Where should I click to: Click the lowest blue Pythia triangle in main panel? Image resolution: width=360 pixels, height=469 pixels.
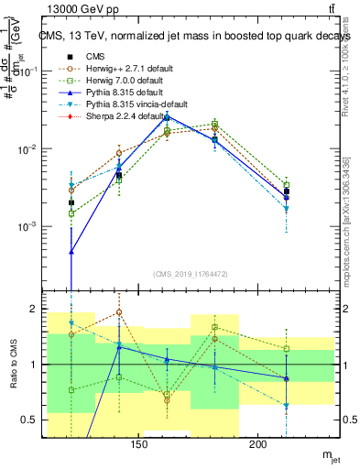coord(71,251)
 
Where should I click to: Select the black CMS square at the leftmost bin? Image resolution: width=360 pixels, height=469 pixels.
coord(71,202)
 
